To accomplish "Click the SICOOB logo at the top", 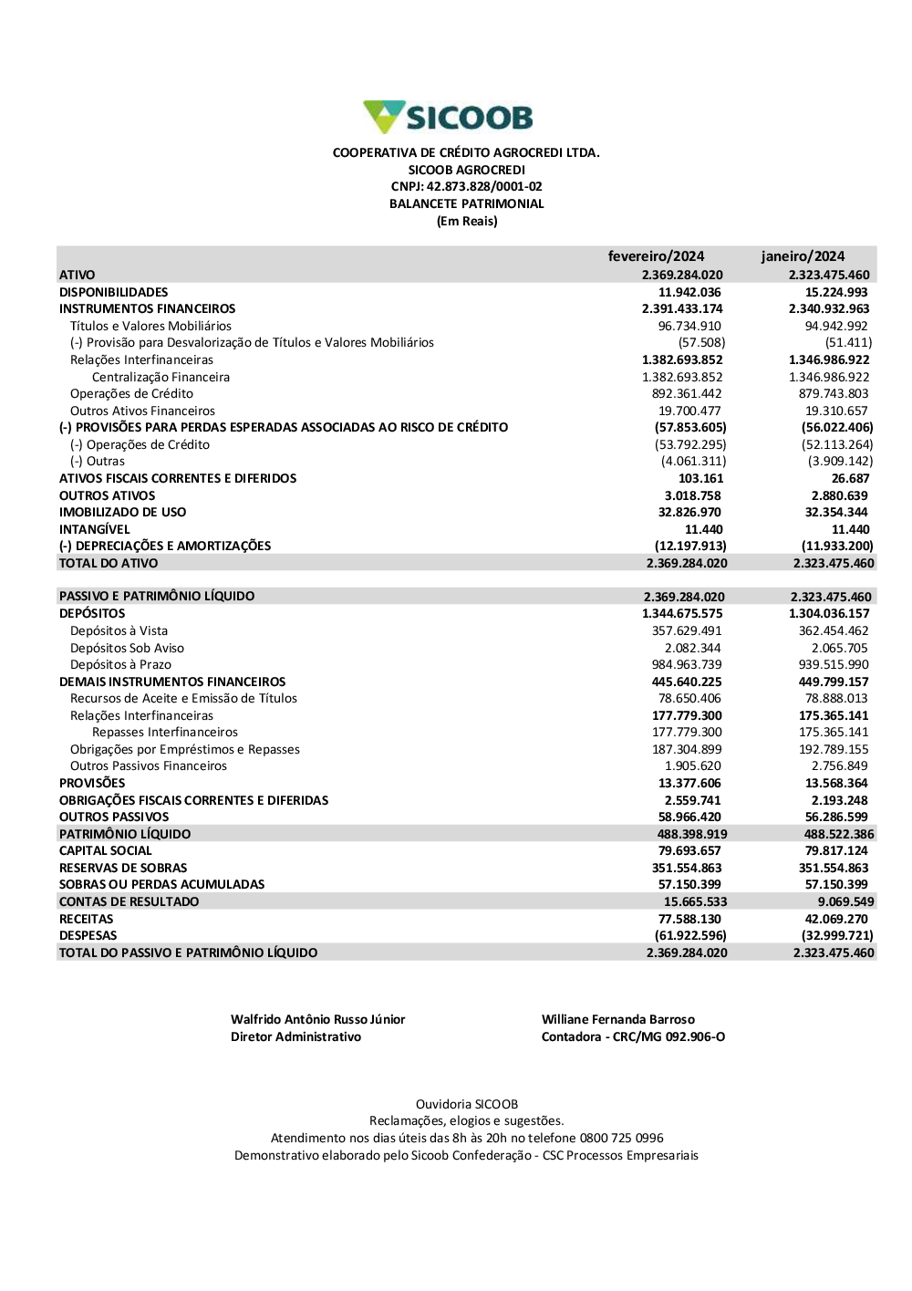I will [x=448, y=117].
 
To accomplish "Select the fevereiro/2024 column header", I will [x=656, y=256].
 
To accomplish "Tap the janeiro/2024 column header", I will [x=803, y=256].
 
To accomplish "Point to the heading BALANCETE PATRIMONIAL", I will [x=466, y=204].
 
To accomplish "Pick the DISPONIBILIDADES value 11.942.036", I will [x=689, y=292].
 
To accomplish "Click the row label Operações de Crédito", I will [x=131, y=394].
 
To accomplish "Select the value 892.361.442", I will [x=687, y=394].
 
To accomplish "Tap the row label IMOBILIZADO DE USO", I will [x=122, y=513].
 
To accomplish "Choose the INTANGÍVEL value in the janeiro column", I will [x=850, y=529].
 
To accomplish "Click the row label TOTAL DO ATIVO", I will [x=109, y=564].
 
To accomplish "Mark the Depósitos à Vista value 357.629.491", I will [x=687, y=631].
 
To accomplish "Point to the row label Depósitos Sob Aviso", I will [x=127, y=649].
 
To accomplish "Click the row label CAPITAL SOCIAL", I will [x=106, y=851].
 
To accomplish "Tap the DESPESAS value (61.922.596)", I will [x=690, y=936].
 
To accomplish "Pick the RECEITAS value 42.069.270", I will [x=836, y=920].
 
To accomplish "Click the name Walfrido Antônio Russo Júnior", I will [x=317, y=1020].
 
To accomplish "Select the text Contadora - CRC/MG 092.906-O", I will [x=633, y=1037].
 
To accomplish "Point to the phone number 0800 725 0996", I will [x=621, y=1139].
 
